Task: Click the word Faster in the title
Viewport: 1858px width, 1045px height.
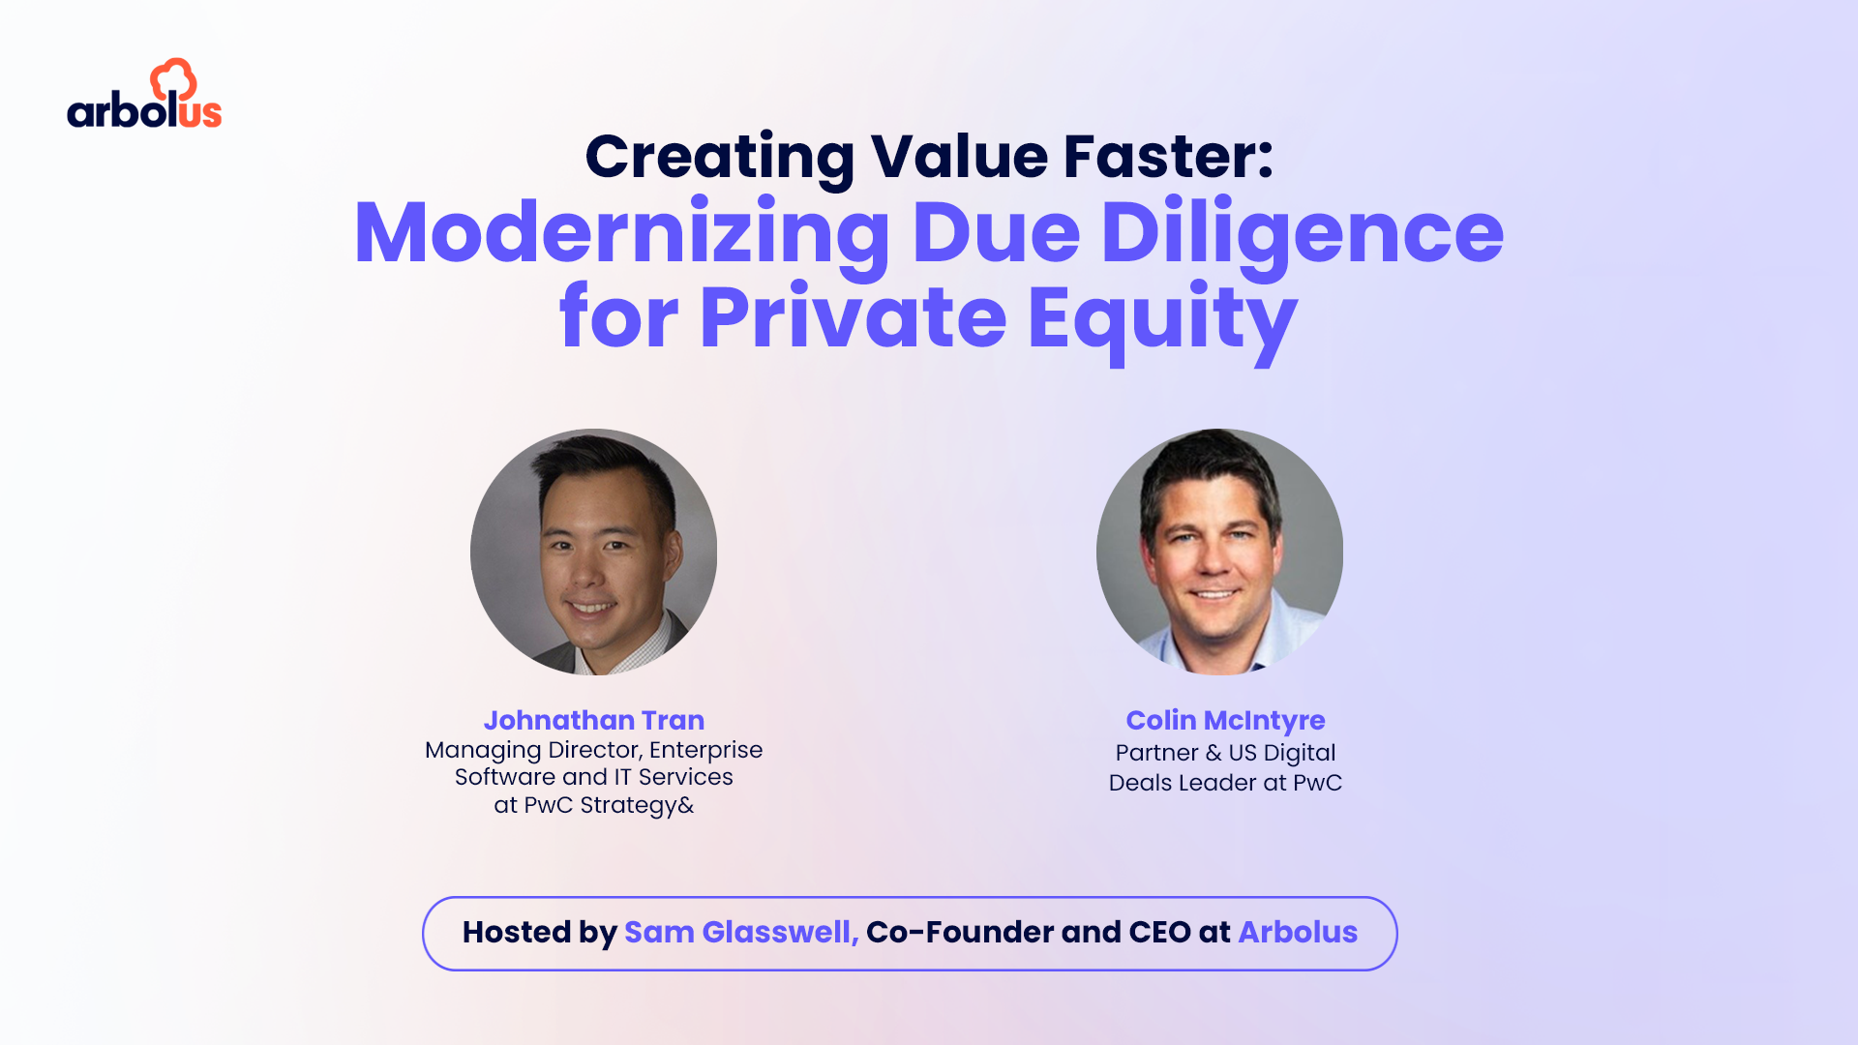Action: point(1168,157)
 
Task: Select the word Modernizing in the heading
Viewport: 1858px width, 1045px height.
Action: point(621,234)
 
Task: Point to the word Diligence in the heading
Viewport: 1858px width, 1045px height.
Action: point(1302,234)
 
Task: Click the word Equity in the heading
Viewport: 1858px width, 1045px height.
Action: point(1161,318)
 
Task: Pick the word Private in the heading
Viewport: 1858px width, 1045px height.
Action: point(853,318)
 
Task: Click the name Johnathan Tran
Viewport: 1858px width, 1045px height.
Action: point(593,720)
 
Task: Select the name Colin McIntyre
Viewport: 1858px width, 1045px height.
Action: point(1225,720)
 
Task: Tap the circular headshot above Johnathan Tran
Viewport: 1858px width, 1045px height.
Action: point(593,552)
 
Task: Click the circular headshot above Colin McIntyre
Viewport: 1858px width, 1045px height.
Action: point(1219,552)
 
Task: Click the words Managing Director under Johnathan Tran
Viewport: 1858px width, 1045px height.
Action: point(532,750)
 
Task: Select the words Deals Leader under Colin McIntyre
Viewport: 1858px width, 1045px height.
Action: point(1181,783)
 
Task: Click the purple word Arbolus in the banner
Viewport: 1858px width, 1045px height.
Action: point(1298,932)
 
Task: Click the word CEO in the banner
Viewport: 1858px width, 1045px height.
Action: point(1159,932)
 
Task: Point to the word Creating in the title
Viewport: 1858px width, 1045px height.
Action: point(719,157)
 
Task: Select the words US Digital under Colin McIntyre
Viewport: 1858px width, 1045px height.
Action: point(1281,753)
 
